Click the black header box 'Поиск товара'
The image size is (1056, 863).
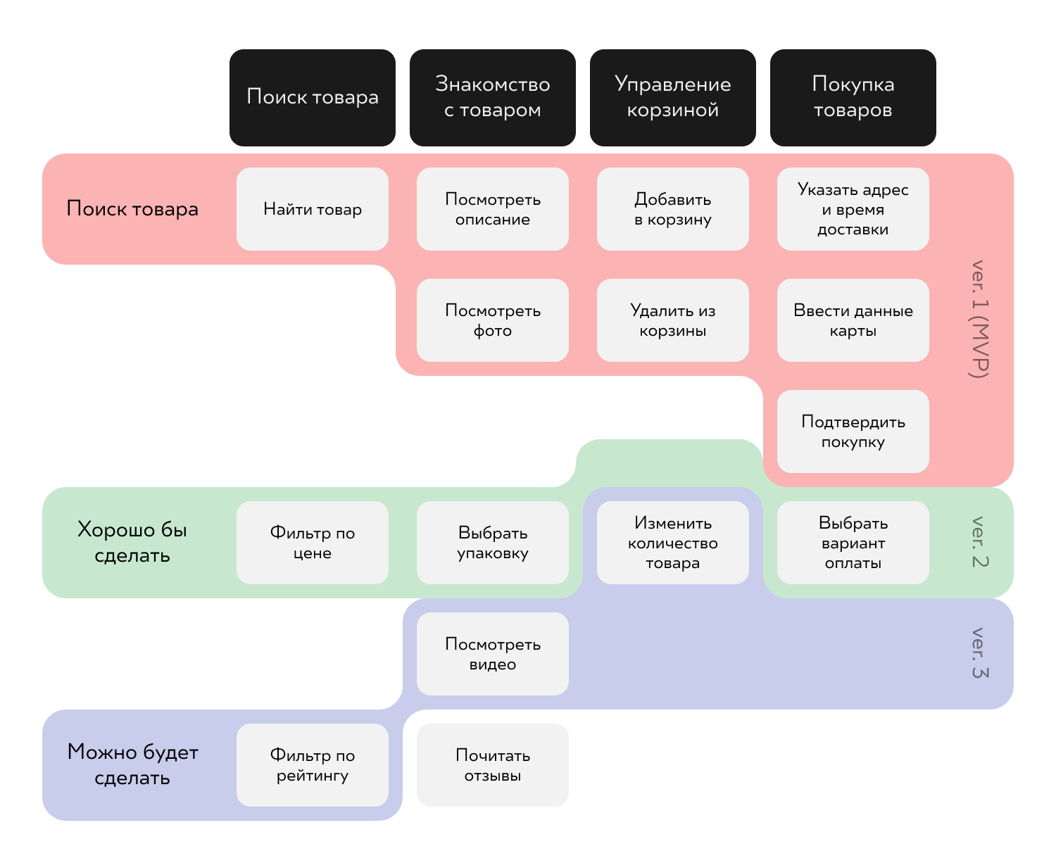coord(312,97)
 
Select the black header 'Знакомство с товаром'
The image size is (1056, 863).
coord(492,97)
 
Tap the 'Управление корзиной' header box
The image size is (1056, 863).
coord(672,97)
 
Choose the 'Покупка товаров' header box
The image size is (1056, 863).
coord(853,97)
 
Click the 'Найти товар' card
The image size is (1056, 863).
coord(312,209)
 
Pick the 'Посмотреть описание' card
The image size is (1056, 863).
coord(492,209)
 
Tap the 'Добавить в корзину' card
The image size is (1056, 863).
coord(672,209)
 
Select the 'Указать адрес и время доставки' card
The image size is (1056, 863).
coord(853,209)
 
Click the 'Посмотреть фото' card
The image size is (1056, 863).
coord(492,320)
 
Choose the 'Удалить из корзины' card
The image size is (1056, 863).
coord(672,320)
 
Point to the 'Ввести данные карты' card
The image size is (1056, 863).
coord(853,320)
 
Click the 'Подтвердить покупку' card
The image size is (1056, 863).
coord(853,431)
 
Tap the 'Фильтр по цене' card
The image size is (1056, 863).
coord(312,543)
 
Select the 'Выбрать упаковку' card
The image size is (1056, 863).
coord(492,543)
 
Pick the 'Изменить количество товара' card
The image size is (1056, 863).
coord(672,543)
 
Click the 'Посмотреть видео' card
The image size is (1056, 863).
coord(492,654)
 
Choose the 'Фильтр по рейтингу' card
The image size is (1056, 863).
coord(312,765)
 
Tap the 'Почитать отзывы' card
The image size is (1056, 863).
coord(492,765)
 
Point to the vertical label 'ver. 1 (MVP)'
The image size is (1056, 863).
coord(979,320)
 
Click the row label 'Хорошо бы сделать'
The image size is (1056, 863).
coord(132,542)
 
